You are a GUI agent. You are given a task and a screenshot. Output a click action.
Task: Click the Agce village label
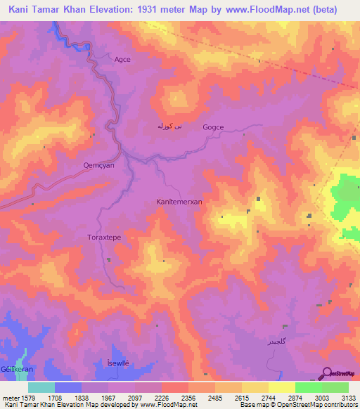click(x=122, y=60)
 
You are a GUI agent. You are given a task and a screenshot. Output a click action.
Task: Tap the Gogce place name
click(x=212, y=127)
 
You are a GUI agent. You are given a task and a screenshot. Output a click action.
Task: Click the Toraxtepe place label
click(x=104, y=238)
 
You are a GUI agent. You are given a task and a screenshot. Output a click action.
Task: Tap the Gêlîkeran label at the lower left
click(x=14, y=369)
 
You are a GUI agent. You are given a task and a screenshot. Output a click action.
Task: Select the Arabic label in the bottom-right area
click(x=275, y=342)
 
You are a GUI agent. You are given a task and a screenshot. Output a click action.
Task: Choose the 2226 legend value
click(x=160, y=398)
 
